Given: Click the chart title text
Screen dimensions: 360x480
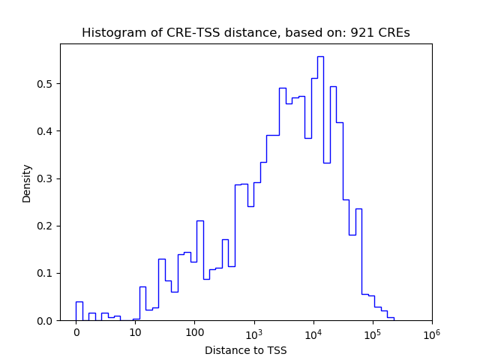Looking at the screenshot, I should (245, 33).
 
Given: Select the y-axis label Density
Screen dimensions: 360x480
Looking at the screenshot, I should (27, 183).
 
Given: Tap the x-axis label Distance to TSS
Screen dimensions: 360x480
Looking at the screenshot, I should (245, 350).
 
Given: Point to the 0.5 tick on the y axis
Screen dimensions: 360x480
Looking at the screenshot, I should (46, 83).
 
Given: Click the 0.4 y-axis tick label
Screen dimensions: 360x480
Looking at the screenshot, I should (46, 131).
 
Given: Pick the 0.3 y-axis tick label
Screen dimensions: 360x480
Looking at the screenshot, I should (46, 178).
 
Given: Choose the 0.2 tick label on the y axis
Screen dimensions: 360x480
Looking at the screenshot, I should (46, 226).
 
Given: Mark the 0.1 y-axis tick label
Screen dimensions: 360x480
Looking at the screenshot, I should (46, 273).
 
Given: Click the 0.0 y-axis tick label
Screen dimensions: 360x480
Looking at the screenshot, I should (46, 321).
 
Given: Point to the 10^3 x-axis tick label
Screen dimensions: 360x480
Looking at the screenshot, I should (253, 332).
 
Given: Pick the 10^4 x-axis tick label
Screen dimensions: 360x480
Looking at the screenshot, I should (313, 332).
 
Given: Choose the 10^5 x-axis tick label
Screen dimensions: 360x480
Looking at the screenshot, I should (372, 332).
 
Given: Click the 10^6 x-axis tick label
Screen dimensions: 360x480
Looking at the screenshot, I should (431, 332).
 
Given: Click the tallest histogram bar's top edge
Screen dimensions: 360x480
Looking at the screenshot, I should (320, 56).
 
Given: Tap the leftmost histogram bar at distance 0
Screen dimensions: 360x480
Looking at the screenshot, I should (79, 311).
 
